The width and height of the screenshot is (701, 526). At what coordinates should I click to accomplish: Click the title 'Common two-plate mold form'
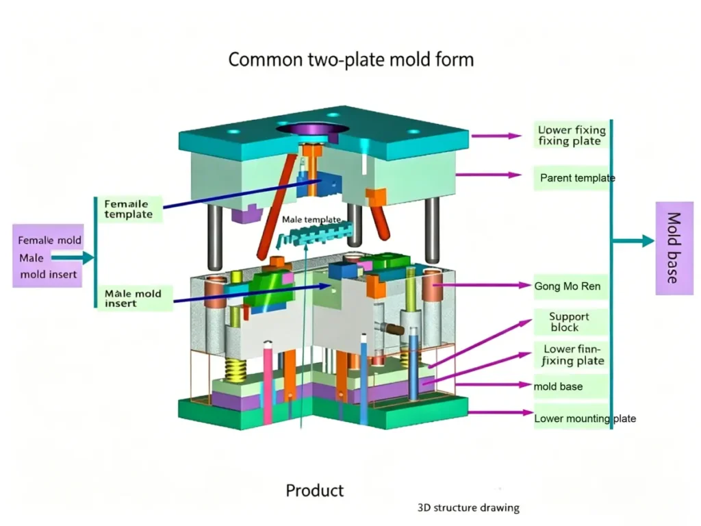coord(350,60)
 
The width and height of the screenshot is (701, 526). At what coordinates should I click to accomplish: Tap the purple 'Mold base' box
coord(674,248)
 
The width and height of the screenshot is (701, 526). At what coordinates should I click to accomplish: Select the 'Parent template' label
coord(577,178)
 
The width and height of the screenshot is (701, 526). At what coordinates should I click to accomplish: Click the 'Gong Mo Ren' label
coord(568,286)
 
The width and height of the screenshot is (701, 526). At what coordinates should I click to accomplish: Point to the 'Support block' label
coord(568,322)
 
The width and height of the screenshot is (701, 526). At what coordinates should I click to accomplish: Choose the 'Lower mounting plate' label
coord(585,418)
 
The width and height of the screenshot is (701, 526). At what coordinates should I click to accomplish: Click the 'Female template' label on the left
coord(129,209)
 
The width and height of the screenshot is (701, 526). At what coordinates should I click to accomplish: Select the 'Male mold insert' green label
coord(133,299)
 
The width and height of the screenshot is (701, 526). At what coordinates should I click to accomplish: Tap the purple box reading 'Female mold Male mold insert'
coord(49,257)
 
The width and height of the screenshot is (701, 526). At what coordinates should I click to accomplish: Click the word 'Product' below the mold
coord(315,490)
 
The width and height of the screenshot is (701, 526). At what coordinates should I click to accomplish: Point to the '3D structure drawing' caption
coord(468,508)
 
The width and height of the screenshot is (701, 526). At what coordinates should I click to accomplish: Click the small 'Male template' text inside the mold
coord(311,220)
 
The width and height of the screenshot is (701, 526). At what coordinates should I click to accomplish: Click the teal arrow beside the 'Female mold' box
coord(73,258)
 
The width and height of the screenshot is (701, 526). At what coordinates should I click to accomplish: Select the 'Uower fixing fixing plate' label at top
coord(571,135)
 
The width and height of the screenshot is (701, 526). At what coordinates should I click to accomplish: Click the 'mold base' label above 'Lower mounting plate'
coord(559,386)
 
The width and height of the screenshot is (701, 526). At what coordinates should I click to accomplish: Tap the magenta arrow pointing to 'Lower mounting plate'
coord(499,413)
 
